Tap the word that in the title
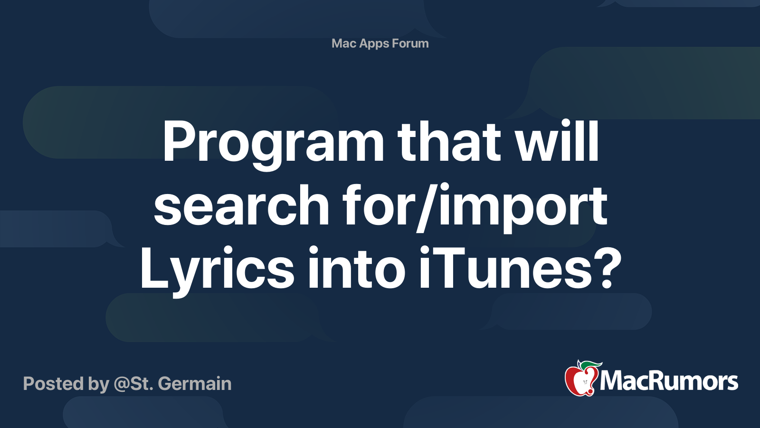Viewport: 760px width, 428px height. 449,141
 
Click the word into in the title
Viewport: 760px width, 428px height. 356,268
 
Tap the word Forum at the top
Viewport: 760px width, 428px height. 410,43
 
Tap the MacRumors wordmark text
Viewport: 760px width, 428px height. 669,381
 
